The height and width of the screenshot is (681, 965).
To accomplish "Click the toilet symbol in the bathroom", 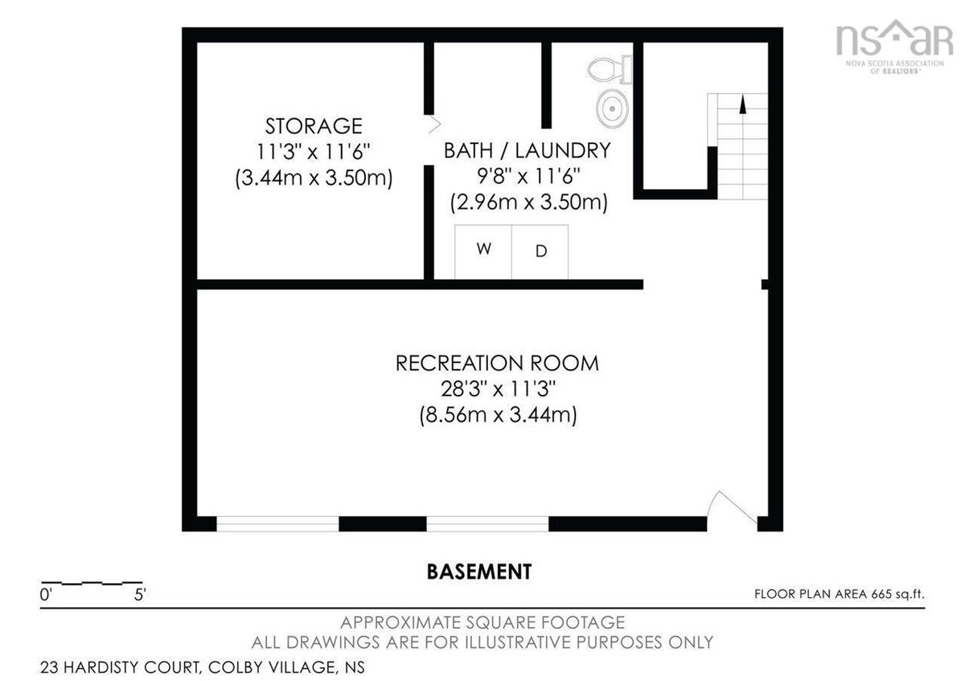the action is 610,69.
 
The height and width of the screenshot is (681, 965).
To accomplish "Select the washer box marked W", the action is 483,252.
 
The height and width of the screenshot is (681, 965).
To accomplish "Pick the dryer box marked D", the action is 540,252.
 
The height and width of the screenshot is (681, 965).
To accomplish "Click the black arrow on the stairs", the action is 742,105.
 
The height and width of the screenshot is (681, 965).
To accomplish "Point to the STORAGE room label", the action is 314,126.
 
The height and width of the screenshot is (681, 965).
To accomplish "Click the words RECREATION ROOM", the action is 497,363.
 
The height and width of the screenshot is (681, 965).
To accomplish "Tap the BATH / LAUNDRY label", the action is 528,150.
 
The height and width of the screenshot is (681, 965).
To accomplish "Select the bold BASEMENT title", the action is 479,572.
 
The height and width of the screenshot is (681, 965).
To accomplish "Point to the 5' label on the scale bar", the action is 140,595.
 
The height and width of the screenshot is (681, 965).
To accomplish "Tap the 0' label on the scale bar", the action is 46,595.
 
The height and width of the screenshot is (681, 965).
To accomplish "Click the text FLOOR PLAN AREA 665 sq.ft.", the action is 840,594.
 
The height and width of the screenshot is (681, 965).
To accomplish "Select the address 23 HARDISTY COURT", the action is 120,667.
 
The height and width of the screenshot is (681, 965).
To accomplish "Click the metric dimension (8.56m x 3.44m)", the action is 498,415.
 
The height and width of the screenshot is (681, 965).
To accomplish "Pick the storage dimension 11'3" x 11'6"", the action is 314,152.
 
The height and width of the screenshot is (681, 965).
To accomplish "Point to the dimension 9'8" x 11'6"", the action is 528,176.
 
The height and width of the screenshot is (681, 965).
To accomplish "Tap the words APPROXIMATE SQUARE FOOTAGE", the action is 482,622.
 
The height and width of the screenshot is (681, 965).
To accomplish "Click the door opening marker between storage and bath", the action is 435,125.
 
